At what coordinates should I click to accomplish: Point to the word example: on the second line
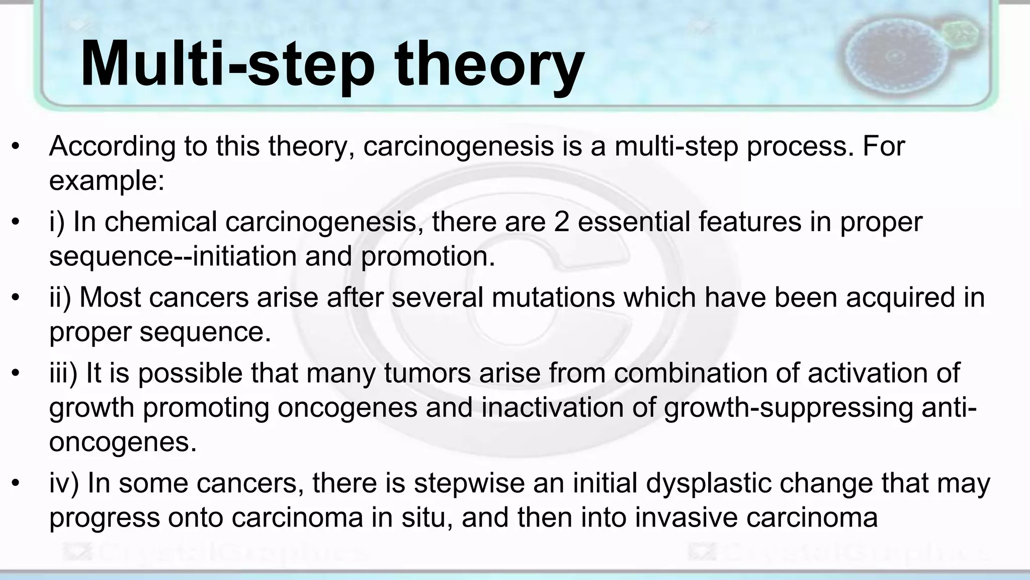[107, 181]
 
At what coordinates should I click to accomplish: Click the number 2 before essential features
[561, 222]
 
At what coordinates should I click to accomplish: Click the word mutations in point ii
[553, 297]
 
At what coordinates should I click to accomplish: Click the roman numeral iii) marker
[63, 373]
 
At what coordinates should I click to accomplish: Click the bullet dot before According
[16, 147]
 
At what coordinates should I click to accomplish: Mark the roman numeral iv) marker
[64, 483]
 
